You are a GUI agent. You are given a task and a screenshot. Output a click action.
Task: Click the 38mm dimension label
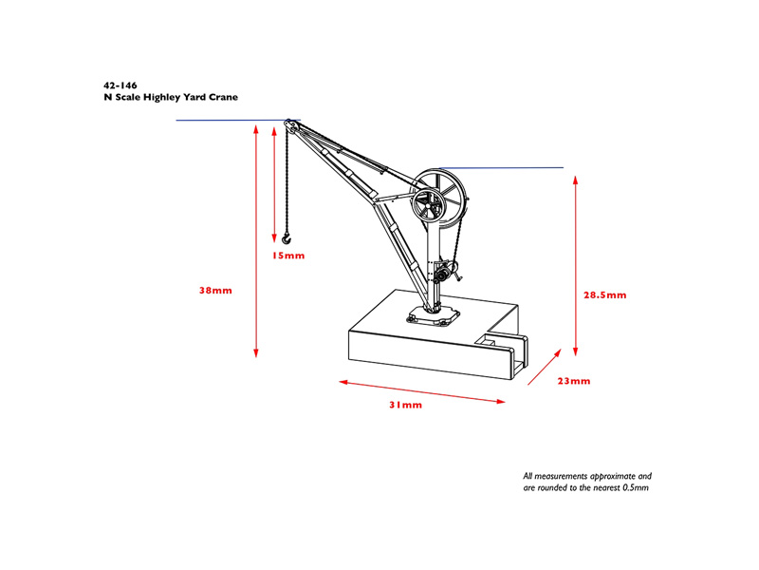[216, 291]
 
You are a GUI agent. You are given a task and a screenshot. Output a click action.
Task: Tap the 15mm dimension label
[288, 256]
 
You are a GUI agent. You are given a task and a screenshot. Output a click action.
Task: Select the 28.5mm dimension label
[604, 294]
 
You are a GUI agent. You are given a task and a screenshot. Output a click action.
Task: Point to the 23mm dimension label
[574, 381]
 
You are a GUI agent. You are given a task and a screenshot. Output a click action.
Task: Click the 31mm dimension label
[406, 405]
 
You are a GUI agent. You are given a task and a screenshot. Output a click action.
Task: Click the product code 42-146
[120, 85]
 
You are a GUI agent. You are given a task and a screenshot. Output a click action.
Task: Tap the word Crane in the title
[223, 97]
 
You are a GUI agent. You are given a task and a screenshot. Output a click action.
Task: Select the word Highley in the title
[161, 98]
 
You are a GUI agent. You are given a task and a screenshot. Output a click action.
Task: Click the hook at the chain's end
[287, 237]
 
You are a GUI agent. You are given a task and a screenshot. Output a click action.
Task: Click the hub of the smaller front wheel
[429, 205]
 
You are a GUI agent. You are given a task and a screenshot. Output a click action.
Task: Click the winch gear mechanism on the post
[446, 273]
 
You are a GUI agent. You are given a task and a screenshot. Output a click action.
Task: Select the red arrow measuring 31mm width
[421, 391]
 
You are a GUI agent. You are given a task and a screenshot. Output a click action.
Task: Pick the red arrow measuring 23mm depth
[545, 367]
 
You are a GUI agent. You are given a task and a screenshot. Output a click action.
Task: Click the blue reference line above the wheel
[501, 168]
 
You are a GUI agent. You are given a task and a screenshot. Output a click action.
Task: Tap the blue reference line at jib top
[238, 121]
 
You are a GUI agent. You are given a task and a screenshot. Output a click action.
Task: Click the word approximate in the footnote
[613, 477]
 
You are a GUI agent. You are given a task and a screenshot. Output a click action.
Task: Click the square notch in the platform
[489, 341]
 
